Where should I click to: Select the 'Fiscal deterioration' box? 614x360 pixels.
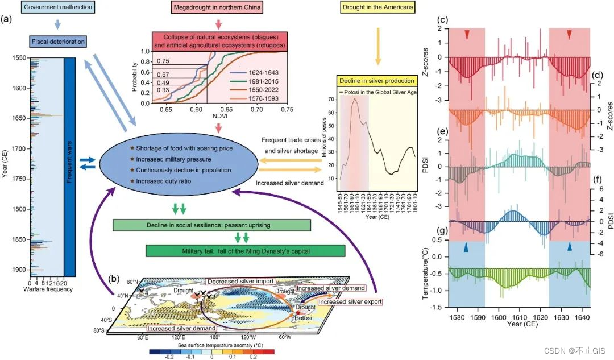click(57, 41)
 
